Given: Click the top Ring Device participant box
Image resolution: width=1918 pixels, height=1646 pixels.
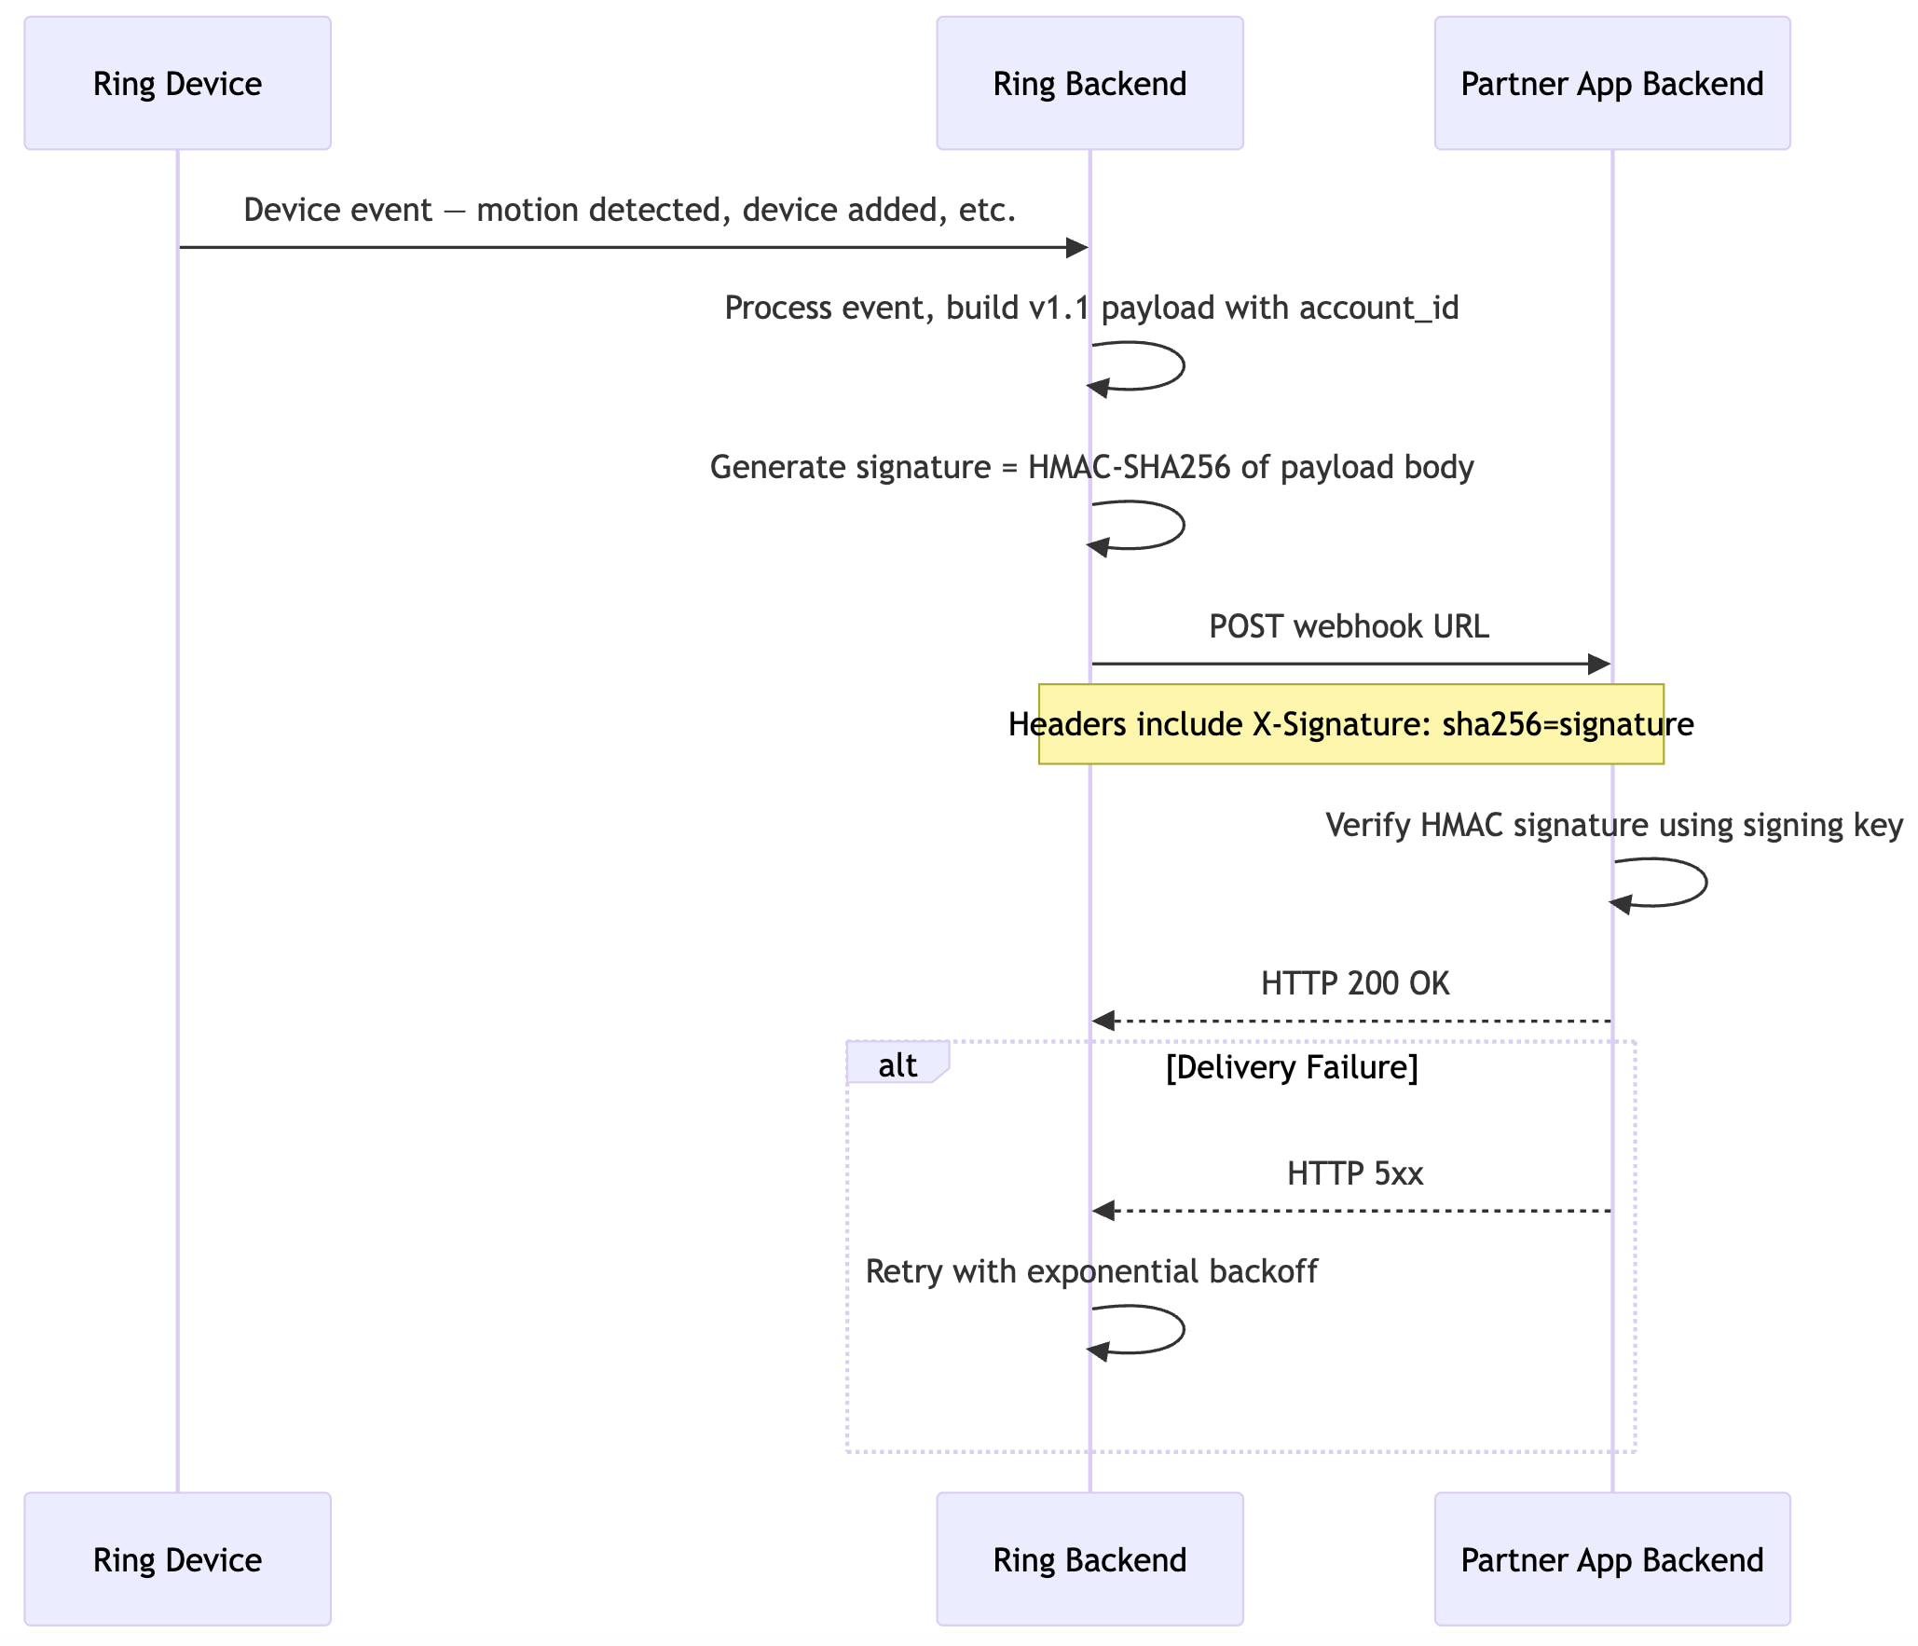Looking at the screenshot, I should [177, 83].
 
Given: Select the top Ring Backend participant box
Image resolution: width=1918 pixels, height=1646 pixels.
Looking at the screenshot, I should [1089, 83].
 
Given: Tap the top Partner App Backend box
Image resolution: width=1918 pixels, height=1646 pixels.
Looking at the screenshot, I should [1611, 83].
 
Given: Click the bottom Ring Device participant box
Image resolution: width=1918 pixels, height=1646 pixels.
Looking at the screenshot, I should [177, 1559].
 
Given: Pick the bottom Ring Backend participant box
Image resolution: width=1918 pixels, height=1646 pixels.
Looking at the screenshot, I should [1089, 1559].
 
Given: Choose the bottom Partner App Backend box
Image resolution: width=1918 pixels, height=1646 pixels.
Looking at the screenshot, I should [1611, 1559].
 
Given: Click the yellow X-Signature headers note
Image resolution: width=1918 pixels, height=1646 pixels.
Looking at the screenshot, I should [1350, 724].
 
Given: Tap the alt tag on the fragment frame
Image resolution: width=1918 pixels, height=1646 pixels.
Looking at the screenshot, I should [897, 1064].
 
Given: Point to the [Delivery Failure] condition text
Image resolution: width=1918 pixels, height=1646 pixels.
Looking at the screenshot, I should [1292, 1067].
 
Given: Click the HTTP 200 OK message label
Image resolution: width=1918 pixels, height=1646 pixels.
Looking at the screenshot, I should [1355, 983].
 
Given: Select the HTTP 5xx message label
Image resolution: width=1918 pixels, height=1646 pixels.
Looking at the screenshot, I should [1355, 1173].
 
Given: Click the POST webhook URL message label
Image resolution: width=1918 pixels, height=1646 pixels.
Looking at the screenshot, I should [1349, 626].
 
